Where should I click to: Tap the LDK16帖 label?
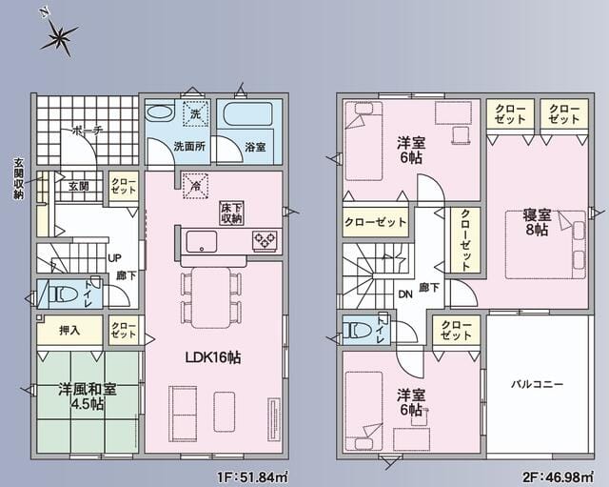(x=213, y=357)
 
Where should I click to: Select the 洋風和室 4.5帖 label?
(x=88, y=396)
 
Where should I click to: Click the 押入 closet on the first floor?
(x=69, y=331)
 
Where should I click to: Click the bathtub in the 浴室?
(x=249, y=114)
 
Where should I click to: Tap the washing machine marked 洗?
(x=196, y=113)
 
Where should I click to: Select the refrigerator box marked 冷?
(x=196, y=186)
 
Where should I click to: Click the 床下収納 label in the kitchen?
(x=231, y=213)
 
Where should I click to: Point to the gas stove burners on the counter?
(x=265, y=239)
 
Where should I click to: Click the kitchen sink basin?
(x=201, y=241)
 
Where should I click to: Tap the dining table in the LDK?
(x=211, y=297)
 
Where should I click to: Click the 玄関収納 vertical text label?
(x=18, y=178)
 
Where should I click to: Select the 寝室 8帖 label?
(x=537, y=222)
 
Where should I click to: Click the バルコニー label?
(x=537, y=385)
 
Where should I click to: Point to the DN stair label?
(x=405, y=294)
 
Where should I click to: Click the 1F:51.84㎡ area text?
(x=251, y=477)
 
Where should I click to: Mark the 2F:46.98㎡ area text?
(x=558, y=477)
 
